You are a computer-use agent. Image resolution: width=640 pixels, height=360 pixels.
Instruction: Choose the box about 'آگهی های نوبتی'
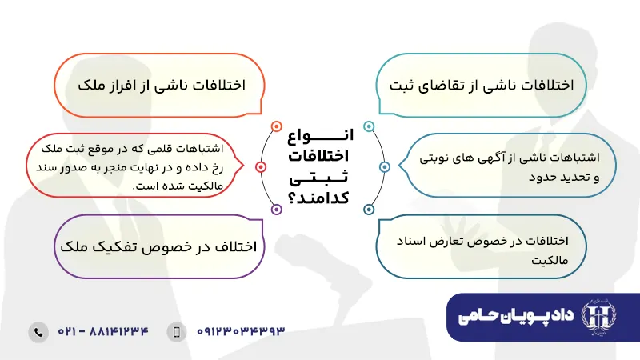507,166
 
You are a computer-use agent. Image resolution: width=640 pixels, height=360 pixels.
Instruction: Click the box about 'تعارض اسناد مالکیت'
485,249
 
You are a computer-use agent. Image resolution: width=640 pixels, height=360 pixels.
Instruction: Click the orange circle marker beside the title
276,126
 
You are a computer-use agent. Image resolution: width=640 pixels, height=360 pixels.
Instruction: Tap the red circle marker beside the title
260,167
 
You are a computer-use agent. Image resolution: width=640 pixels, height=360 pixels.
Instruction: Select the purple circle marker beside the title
276,209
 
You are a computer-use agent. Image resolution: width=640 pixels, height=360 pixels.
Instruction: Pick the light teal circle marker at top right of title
369,126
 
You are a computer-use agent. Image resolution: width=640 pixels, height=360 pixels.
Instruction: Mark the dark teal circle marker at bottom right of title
369,209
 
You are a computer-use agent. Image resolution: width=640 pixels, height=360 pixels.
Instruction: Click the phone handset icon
38,331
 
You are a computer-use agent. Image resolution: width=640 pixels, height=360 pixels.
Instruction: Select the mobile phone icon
178,331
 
